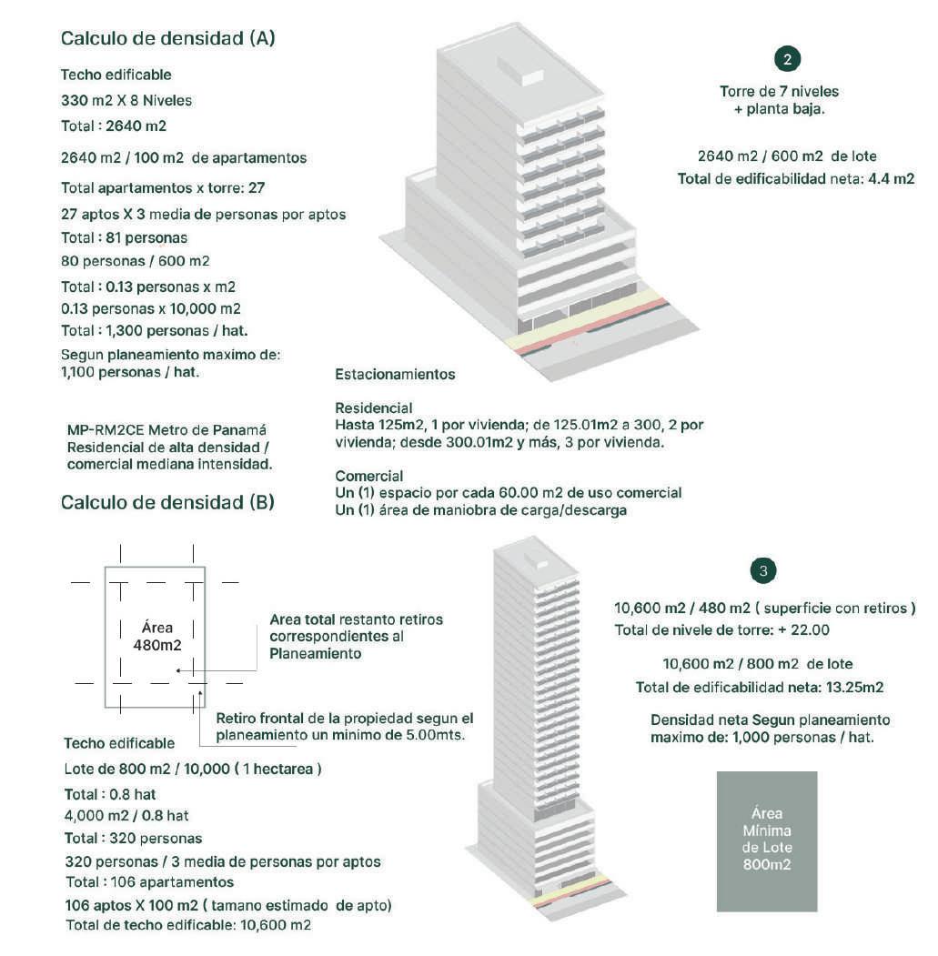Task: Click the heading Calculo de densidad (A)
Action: tap(167, 39)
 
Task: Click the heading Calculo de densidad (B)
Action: tap(167, 503)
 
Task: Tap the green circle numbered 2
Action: tap(787, 60)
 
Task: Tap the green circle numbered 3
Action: tap(763, 571)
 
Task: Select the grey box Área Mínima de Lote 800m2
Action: tap(767, 841)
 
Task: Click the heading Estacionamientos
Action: tap(395, 375)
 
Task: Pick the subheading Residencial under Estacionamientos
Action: tap(373, 408)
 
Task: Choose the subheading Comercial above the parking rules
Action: tap(368, 477)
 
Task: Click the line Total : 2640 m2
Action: tap(114, 126)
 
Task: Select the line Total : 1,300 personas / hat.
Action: tap(154, 330)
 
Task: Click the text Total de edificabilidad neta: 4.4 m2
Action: tap(795, 179)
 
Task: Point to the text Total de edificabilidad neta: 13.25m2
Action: tap(760, 688)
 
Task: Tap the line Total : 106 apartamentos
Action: tap(150, 882)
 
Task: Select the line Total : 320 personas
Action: tap(133, 838)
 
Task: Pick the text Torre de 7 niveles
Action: tap(779, 92)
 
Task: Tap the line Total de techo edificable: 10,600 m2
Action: tap(188, 925)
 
